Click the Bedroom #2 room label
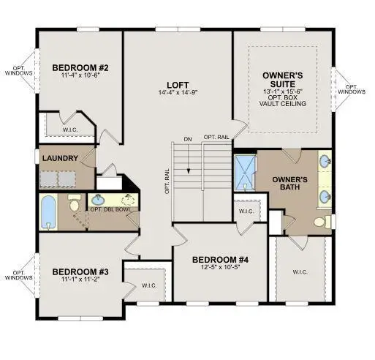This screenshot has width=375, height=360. point(80,67)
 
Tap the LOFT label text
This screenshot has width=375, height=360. point(178,85)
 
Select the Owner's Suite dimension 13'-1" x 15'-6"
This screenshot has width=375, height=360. point(283,91)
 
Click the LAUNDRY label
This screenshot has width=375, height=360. point(60,158)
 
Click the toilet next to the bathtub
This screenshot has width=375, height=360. point(75,203)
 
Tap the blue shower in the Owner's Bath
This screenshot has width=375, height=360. point(245,173)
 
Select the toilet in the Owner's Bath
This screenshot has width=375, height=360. point(322,222)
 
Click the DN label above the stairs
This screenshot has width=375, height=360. point(188,140)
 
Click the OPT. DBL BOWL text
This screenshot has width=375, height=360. point(111,209)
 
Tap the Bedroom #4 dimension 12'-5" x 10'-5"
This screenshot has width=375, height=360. point(221,267)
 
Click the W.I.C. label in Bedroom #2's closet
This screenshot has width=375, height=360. point(70,130)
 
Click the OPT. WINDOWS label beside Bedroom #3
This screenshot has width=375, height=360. point(18,275)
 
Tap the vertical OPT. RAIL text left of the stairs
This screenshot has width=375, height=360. point(167,181)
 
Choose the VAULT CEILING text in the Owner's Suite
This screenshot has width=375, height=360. point(283,103)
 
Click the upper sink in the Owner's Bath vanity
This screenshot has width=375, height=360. point(325,161)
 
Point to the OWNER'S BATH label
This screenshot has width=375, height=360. point(289,184)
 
